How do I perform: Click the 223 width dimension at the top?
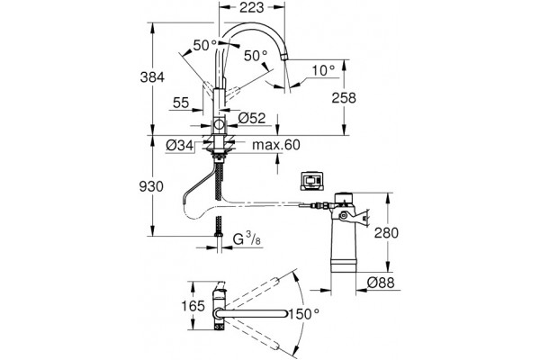pyautogui.click(x=251, y=7)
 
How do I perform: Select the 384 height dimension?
pyautogui.click(x=152, y=77)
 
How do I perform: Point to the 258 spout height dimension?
pyautogui.click(x=344, y=98)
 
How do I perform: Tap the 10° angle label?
pyautogui.click(x=323, y=70)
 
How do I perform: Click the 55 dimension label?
pyautogui.click(x=181, y=103)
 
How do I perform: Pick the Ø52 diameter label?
pyautogui.click(x=252, y=119)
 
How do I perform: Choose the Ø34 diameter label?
pyautogui.click(x=179, y=146)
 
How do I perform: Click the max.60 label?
pyautogui.click(x=276, y=145)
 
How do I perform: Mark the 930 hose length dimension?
pyautogui.click(x=151, y=186)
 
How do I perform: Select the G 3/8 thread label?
pyautogui.click(x=247, y=239)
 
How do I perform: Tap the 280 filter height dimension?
pyautogui.click(x=386, y=233)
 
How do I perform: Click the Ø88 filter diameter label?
pyautogui.click(x=381, y=283)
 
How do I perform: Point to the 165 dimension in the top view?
pyautogui.click(x=193, y=306)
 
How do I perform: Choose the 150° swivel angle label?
pyautogui.click(x=303, y=314)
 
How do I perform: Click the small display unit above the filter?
pyautogui.click(x=311, y=180)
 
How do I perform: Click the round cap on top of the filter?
pyautogui.click(x=343, y=198)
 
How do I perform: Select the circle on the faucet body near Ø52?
pyautogui.click(x=219, y=124)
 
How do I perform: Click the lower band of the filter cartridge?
pyautogui.click(x=343, y=266)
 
